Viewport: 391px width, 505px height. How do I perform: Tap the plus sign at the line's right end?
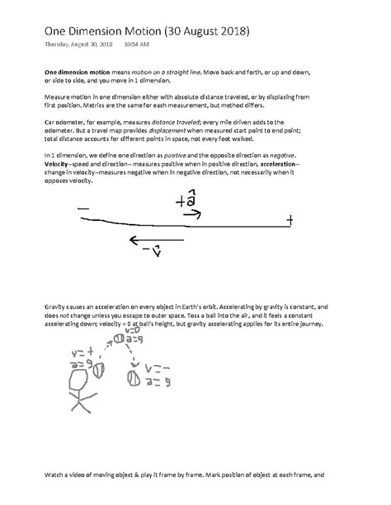click(289, 220)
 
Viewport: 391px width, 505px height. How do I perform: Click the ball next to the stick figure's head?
click(99, 371)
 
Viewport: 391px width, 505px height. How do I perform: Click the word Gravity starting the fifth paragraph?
click(54, 304)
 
